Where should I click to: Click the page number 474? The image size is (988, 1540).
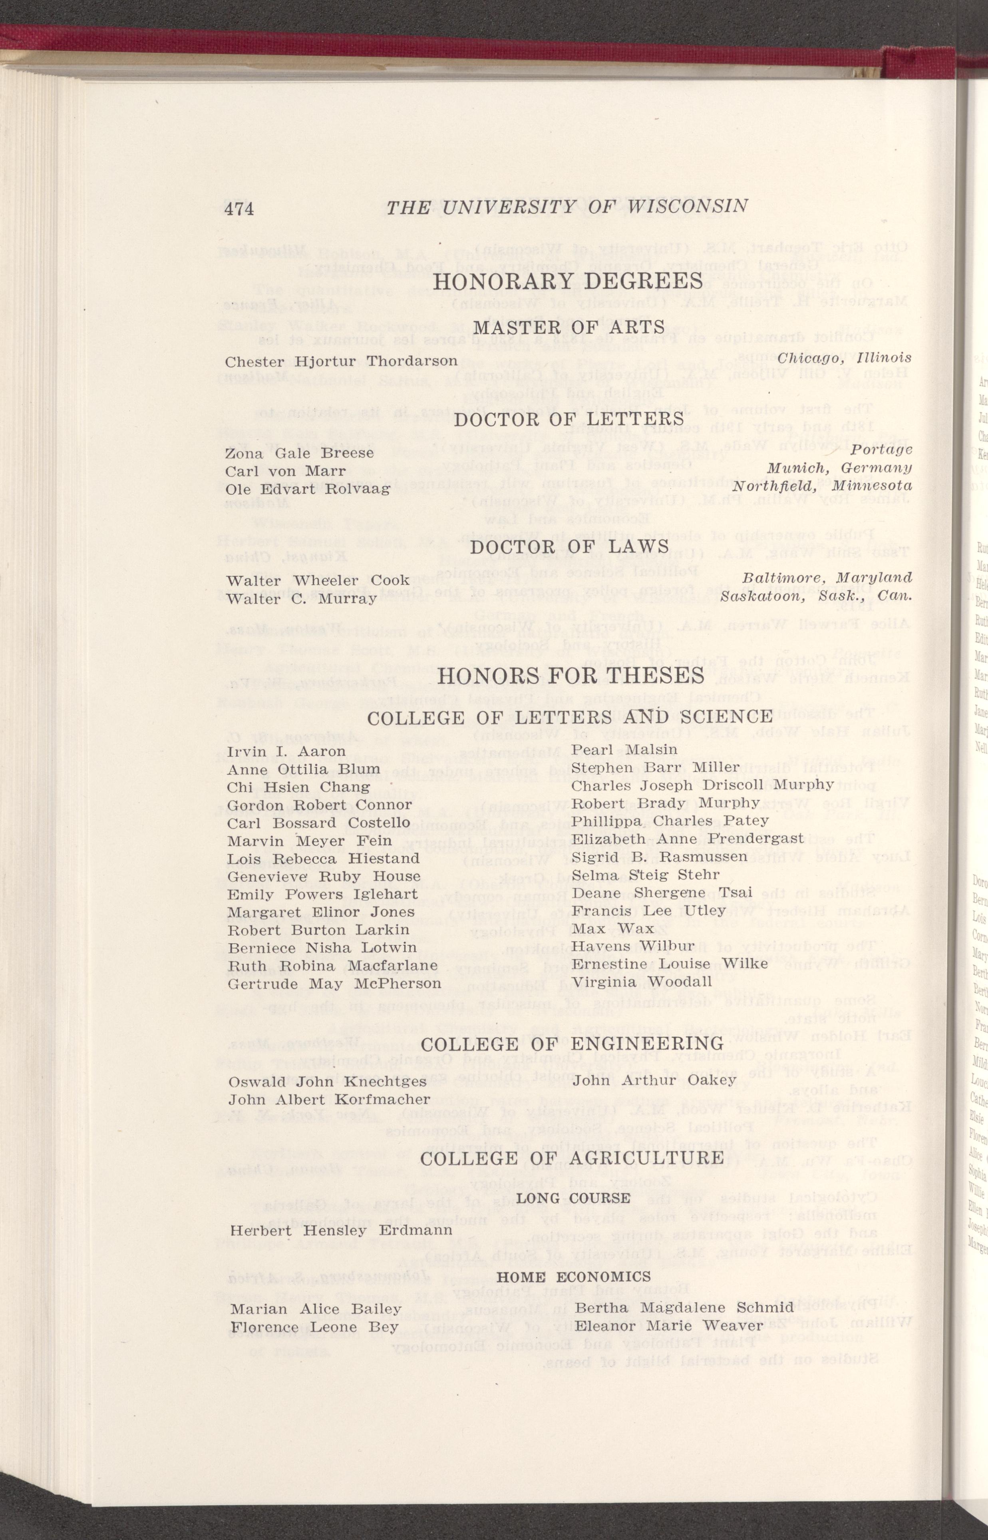point(239,209)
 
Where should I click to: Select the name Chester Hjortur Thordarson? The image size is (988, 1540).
point(341,361)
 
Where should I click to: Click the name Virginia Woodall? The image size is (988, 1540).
point(642,982)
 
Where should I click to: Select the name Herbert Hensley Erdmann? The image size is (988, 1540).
point(341,1213)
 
